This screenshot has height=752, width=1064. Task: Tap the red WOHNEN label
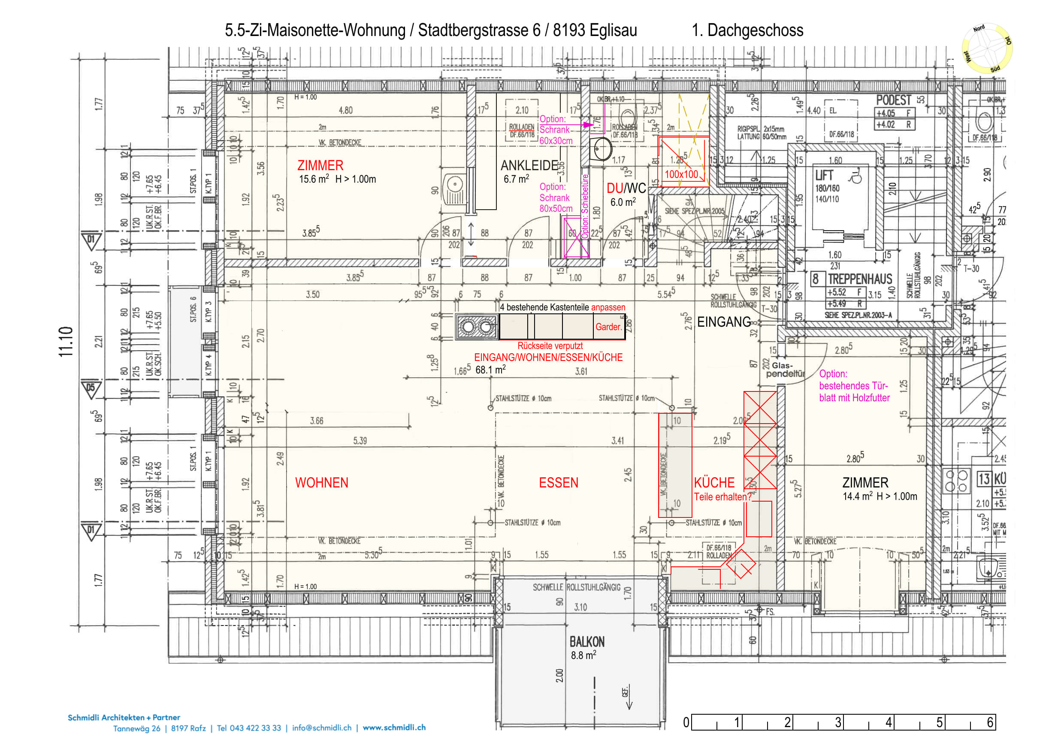(x=322, y=483)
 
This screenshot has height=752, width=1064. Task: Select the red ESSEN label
(x=559, y=483)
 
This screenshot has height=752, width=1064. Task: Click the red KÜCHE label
(x=713, y=483)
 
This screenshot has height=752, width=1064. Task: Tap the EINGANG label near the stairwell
(x=724, y=322)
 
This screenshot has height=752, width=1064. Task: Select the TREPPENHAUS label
(x=860, y=279)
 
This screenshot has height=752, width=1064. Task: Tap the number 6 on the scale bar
(x=990, y=722)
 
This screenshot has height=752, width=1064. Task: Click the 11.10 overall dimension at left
(x=66, y=342)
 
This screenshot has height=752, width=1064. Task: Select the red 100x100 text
(x=681, y=174)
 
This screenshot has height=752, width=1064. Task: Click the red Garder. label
(x=608, y=327)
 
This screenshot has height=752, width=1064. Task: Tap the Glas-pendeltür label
(x=785, y=370)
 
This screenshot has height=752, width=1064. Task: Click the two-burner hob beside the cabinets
(x=477, y=328)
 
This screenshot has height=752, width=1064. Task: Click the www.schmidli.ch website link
(x=394, y=728)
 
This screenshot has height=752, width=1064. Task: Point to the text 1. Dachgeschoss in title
(x=747, y=30)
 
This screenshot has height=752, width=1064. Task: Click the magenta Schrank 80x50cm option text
(x=556, y=198)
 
